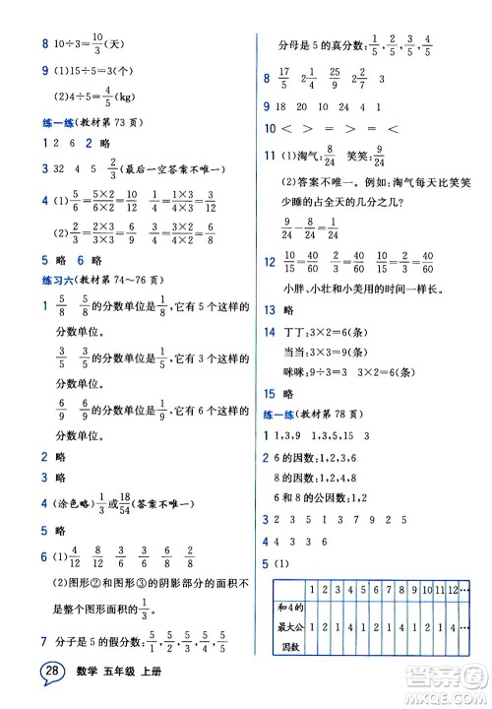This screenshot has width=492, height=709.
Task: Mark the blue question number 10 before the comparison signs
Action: [270, 128]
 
